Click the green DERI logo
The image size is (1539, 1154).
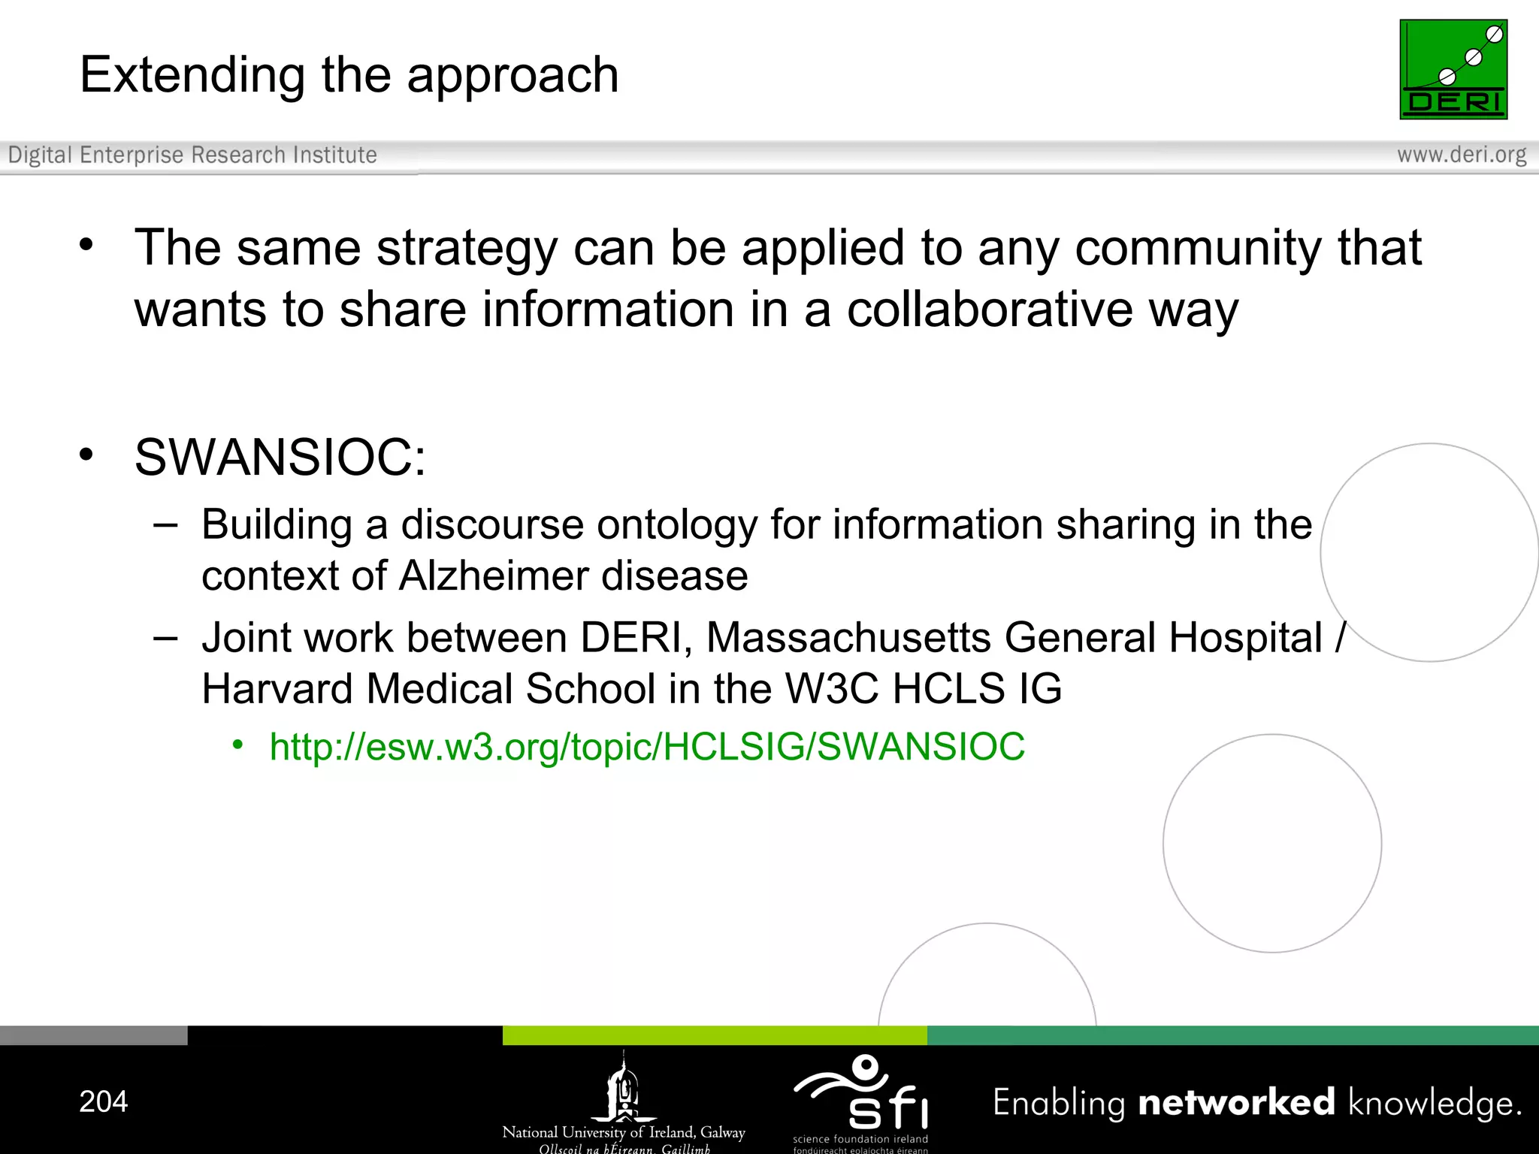1453,69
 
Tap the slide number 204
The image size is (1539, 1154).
104,1101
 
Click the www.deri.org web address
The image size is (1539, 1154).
1461,155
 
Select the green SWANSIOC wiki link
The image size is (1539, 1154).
647,747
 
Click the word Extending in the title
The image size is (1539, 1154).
192,75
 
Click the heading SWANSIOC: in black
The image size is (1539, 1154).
280,457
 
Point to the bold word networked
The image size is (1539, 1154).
1236,1102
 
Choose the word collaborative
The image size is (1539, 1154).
989,310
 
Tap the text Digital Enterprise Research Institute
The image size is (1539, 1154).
192,155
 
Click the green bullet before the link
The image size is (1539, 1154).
237,745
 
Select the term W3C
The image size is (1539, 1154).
831,688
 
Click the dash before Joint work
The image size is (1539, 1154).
165,638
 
